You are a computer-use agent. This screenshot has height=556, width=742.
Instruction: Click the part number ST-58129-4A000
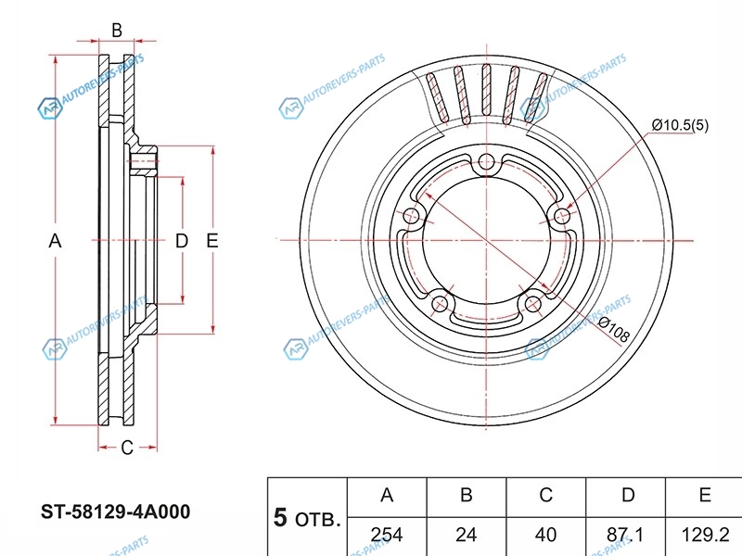coord(116,512)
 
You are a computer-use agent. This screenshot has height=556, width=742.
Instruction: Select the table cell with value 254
coord(387,535)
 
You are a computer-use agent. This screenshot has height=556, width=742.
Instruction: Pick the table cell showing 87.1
coord(628,535)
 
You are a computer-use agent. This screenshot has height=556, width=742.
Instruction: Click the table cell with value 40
coord(546,535)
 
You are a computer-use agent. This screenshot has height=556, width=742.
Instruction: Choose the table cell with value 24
coord(467,535)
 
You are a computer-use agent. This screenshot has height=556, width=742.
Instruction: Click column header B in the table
coord(467,496)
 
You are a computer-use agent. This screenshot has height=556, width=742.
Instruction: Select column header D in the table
coord(628,496)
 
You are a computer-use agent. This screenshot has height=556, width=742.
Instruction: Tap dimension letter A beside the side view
coord(55,241)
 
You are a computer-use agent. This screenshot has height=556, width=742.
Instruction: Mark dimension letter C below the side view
coord(126,448)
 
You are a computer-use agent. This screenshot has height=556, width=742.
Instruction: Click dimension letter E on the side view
coord(211,241)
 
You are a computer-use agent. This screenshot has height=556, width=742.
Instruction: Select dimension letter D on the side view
coord(182,241)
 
